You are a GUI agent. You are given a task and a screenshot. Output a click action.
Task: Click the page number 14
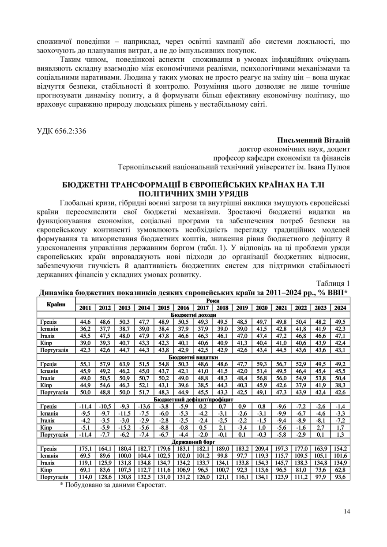pyautogui.click(x=347, y=511)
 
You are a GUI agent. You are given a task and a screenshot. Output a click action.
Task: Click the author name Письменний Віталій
pyautogui.click(x=314, y=140)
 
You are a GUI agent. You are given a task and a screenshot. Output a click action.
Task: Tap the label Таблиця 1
pyautogui.click(x=333, y=283)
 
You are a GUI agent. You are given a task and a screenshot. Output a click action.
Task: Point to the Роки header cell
pyautogui.click(x=213, y=300)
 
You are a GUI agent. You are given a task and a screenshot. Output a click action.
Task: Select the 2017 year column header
pyautogui.click(x=203, y=308)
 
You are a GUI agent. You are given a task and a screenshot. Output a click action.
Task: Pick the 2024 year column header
pyautogui.click(x=340, y=308)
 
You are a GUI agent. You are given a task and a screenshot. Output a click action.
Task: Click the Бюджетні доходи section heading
pyautogui.click(x=193, y=315)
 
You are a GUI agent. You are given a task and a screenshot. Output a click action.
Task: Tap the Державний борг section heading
pyautogui.click(x=193, y=441)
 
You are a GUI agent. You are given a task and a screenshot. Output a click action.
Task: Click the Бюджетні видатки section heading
pyautogui.click(x=193, y=357)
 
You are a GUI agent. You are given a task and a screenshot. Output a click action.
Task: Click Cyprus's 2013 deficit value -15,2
pyautogui.click(x=124, y=427)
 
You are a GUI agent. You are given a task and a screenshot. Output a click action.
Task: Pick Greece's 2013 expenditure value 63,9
pyautogui.click(x=124, y=364)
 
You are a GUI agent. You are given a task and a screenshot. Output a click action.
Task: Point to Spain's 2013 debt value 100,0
pyautogui.click(x=124, y=455)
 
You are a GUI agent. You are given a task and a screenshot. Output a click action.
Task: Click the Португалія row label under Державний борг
pyautogui.click(x=54, y=477)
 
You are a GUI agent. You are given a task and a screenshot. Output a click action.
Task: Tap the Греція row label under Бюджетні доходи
pyautogui.click(x=48, y=322)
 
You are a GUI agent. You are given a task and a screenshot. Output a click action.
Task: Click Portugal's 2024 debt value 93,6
pyautogui.click(x=340, y=477)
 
